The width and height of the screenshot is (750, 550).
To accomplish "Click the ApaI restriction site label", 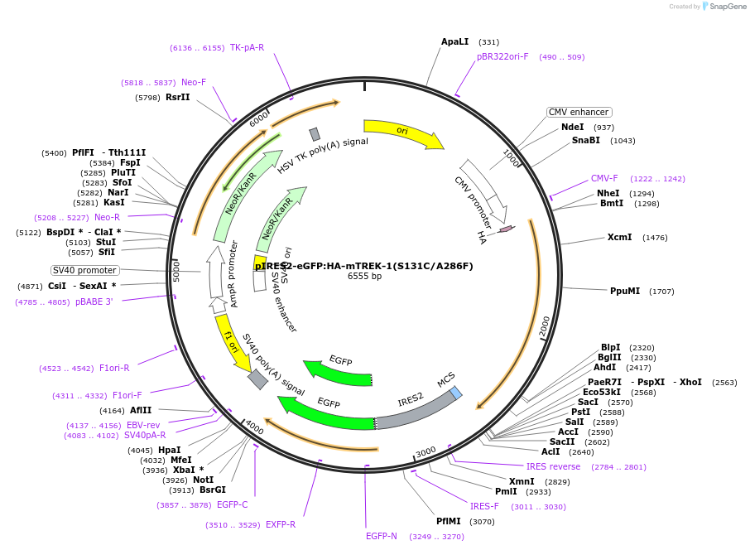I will tap(454, 41).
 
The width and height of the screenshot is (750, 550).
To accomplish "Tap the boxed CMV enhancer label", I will tap(579, 112).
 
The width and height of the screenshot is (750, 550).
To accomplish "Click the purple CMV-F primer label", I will tap(604, 179).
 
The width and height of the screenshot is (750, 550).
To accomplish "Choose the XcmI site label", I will tap(619, 238).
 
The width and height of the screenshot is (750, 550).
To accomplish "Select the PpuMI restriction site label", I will tap(625, 292).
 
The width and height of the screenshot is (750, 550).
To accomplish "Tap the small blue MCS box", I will tap(456, 393).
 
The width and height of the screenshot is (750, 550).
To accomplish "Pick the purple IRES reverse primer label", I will tap(553, 467).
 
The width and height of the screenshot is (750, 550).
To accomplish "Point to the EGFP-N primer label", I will tap(382, 537).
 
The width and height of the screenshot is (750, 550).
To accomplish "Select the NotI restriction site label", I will tap(203, 480).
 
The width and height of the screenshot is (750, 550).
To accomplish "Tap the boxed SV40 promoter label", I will tap(85, 270).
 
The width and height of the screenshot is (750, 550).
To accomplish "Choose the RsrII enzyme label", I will tap(177, 98).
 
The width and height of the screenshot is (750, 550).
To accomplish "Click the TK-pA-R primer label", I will tap(247, 48).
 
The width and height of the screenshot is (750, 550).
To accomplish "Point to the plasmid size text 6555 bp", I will tap(364, 277).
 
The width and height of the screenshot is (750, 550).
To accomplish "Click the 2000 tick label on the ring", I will tap(544, 326).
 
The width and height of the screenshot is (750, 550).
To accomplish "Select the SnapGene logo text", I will tap(724, 7).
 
